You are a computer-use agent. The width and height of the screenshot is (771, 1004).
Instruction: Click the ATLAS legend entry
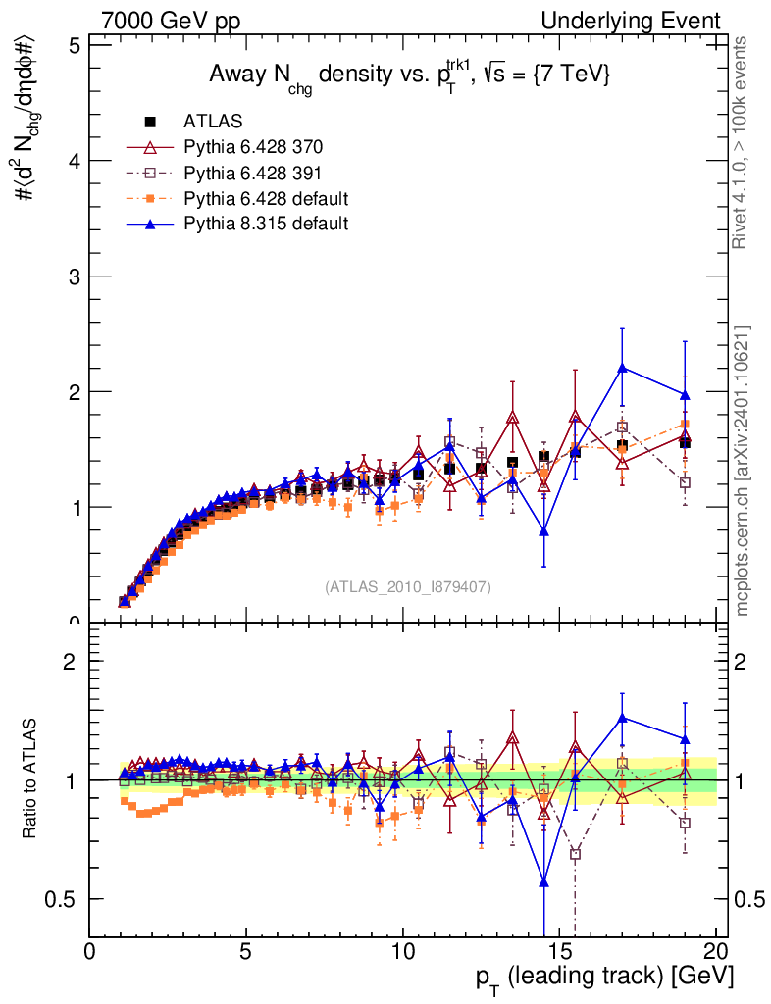click(x=210, y=122)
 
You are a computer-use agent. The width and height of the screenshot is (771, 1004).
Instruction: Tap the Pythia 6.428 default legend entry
click(x=266, y=198)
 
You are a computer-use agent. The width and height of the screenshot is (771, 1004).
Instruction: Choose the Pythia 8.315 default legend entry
click(x=266, y=224)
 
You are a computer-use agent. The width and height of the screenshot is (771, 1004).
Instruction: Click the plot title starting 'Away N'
click(x=409, y=76)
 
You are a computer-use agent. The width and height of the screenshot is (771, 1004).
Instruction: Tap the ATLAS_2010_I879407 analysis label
click(x=408, y=586)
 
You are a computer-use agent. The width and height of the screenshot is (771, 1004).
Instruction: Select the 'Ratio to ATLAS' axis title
click(x=32, y=780)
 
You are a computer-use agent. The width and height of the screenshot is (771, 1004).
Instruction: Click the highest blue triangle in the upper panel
click(x=622, y=368)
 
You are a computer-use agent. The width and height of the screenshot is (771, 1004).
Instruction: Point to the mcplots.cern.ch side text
click(x=743, y=471)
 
